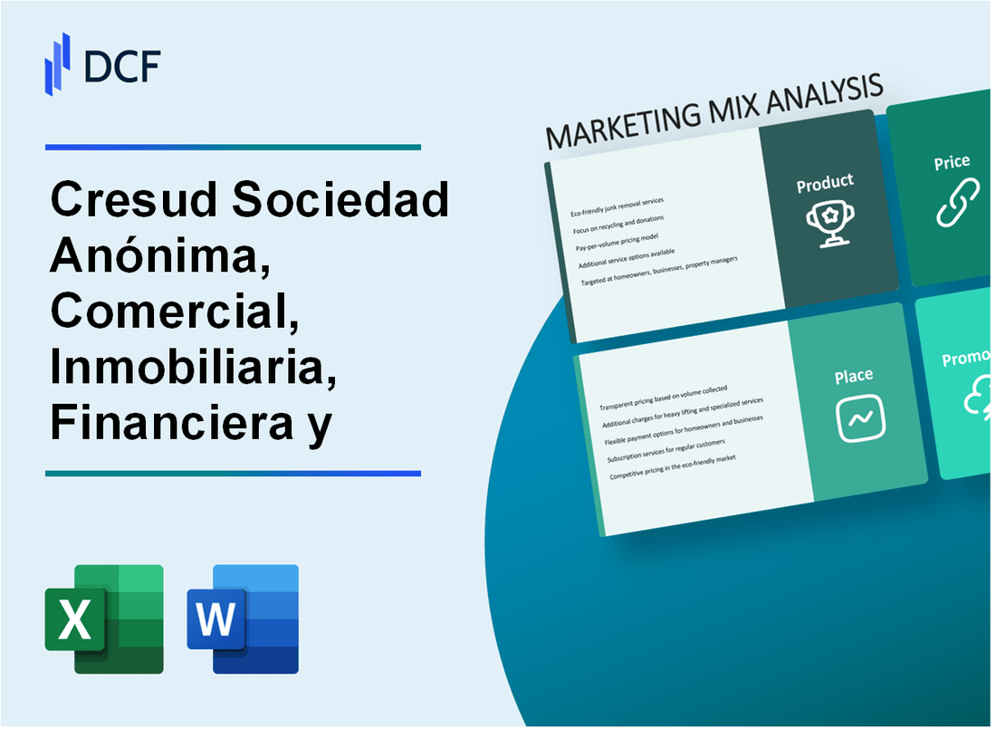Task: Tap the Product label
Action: pyautogui.click(x=824, y=184)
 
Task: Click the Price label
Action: pyautogui.click(x=952, y=163)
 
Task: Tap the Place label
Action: pyautogui.click(x=854, y=375)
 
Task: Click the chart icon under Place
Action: pyautogui.click(x=860, y=417)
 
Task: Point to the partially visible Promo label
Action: pyautogui.click(x=967, y=360)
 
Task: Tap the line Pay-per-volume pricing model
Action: pyautogui.click(x=613, y=235)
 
